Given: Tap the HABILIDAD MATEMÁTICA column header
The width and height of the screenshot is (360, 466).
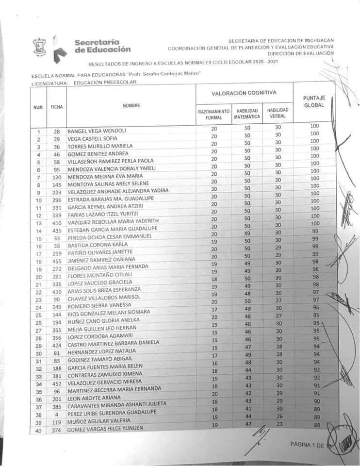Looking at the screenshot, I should (247, 114).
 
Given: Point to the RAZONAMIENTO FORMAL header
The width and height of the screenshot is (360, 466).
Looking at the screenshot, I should (214, 114).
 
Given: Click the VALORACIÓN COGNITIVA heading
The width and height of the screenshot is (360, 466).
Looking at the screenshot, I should (244, 92).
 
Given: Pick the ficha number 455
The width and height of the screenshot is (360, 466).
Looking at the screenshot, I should (56, 261).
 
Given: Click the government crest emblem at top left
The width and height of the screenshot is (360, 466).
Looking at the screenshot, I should (39, 48).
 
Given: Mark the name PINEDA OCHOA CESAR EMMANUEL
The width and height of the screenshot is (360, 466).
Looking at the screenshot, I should (110, 236).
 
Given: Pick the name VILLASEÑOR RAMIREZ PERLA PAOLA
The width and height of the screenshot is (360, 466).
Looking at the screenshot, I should (111, 161).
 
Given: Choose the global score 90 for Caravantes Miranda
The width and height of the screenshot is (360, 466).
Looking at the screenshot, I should (316, 401).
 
